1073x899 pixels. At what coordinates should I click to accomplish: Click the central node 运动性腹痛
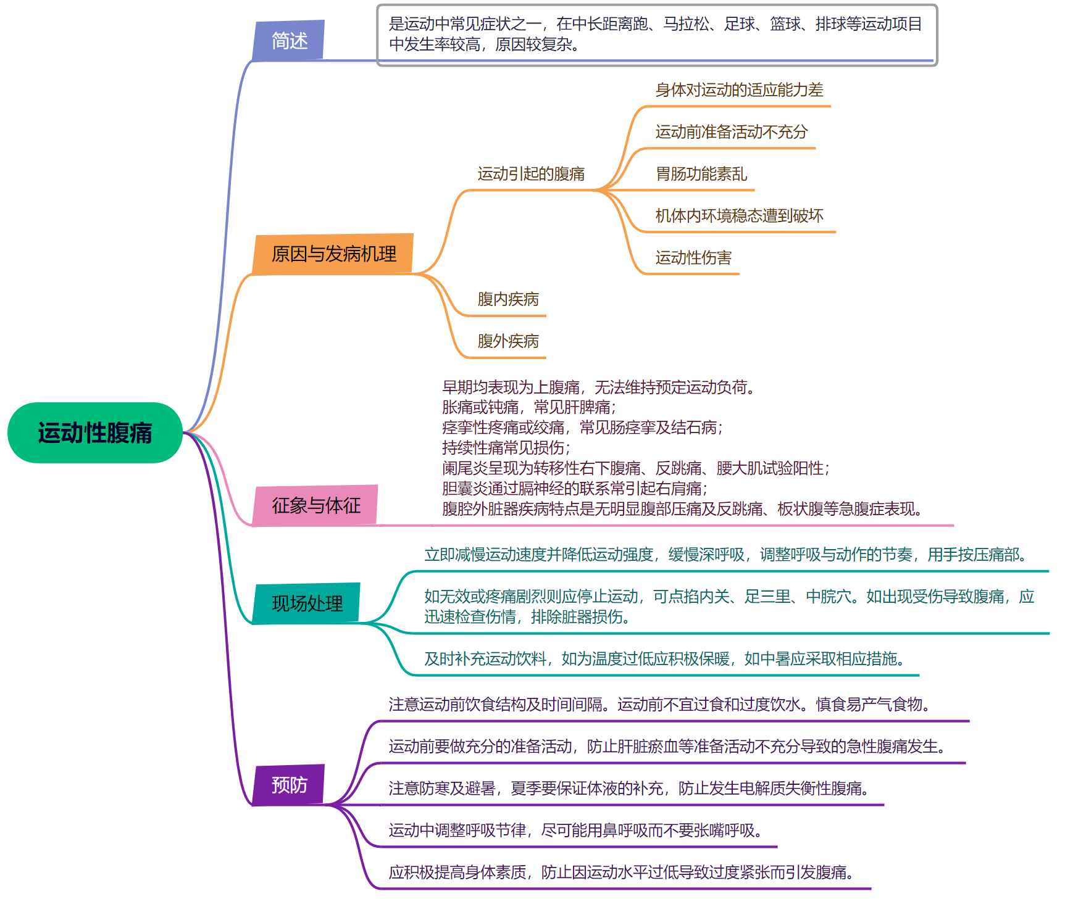(94, 433)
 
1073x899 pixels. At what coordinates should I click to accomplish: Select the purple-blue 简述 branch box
(289, 41)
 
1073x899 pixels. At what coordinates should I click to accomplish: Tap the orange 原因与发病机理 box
(333, 254)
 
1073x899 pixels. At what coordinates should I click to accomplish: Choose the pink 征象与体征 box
(315, 505)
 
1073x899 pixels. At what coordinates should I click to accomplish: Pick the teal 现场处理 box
(307, 603)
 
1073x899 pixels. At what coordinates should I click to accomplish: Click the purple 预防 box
(289, 785)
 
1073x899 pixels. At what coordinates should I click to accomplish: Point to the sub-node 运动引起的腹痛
(531, 174)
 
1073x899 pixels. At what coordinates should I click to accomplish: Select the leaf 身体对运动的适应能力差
(739, 90)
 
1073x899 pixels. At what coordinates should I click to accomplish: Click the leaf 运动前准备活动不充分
(731, 132)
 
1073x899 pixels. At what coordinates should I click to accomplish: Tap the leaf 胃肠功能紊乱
(701, 174)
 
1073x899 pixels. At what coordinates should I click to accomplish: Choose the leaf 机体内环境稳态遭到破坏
(739, 216)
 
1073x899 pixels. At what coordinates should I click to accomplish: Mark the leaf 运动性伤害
(693, 258)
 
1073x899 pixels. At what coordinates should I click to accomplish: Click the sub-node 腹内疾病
(508, 299)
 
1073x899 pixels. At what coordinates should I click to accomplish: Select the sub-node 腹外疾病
(508, 341)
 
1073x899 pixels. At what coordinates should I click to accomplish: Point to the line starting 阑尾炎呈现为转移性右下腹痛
(635, 468)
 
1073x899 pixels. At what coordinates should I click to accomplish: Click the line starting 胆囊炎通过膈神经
(574, 489)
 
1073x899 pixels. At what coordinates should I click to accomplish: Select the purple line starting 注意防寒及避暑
(628, 789)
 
